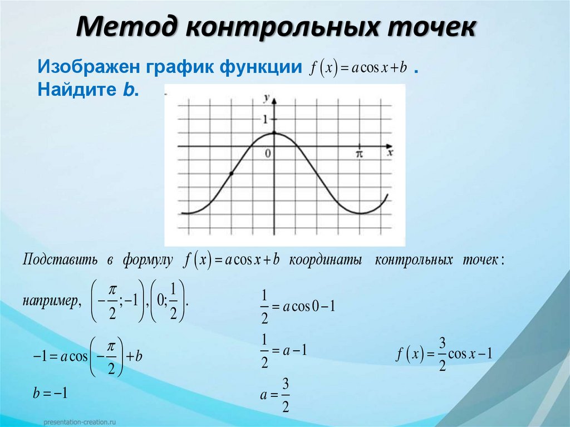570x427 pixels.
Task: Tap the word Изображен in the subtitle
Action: tap(89, 67)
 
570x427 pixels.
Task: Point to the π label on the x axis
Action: tap(359, 153)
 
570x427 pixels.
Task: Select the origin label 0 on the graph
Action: tap(268, 154)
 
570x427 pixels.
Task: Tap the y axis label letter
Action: tap(267, 98)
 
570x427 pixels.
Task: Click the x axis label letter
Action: tap(390, 151)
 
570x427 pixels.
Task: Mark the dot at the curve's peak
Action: tap(274, 133)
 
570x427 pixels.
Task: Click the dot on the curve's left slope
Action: tap(231, 174)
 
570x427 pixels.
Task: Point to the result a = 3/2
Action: tap(275, 395)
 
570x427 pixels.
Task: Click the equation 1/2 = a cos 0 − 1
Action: tap(297, 306)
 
